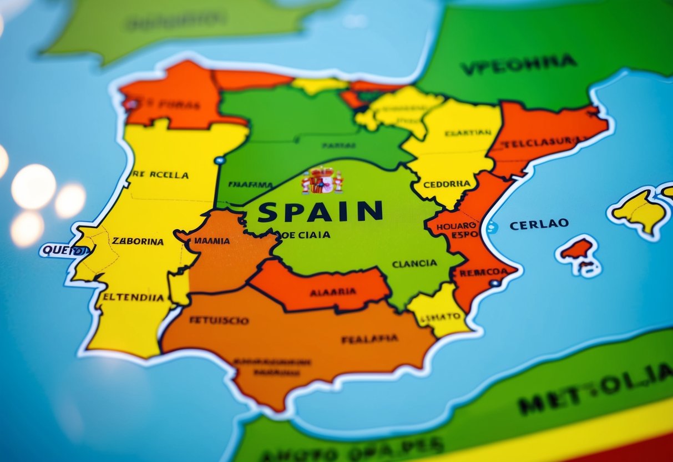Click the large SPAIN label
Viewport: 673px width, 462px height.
[x=320, y=212]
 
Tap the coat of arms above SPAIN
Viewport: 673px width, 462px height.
[x=322, y=181]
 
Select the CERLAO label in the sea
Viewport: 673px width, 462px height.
[x=539, y=224]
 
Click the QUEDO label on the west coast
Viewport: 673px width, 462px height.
[x=65, y=250]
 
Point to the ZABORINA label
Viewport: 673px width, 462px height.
[x=138, y=242]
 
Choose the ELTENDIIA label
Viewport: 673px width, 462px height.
[x=133, y=297]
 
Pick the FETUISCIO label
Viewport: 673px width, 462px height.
[x=219, y=320]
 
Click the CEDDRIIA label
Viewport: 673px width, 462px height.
[x=447, y=184]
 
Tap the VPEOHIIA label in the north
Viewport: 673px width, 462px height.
[x=518, y=64]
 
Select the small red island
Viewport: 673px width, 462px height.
[x=577, y=249]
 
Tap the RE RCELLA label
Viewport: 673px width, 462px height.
[x=161, y=174]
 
